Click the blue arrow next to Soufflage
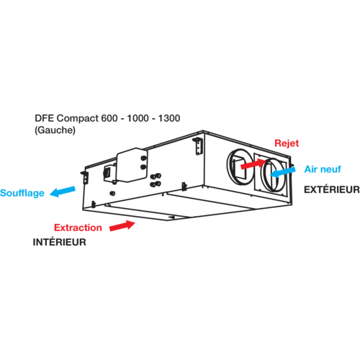(x=63, y=192)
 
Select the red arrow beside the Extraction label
(x=122, y=225)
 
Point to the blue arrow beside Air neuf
(x=283, y=172)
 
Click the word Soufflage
(x=22, y=193)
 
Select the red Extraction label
(x=78, y=228)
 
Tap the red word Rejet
(x=287, y=143)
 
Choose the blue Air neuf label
(x=323, y=169)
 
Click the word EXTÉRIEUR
(x=332, y=189)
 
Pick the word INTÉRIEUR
(x=59, y=242)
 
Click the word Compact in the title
(x=78, y=119)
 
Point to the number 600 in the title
(x=109, y=118)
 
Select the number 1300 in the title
(x=169, y=118)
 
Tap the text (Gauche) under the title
(x=55, y=130)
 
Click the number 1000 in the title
(x=138, y=118)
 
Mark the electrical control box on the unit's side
(x=132, y=165)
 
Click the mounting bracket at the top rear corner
(x=198, y=146)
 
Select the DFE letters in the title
(x=45, y=118)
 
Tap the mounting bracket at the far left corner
(x=85, y=177)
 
